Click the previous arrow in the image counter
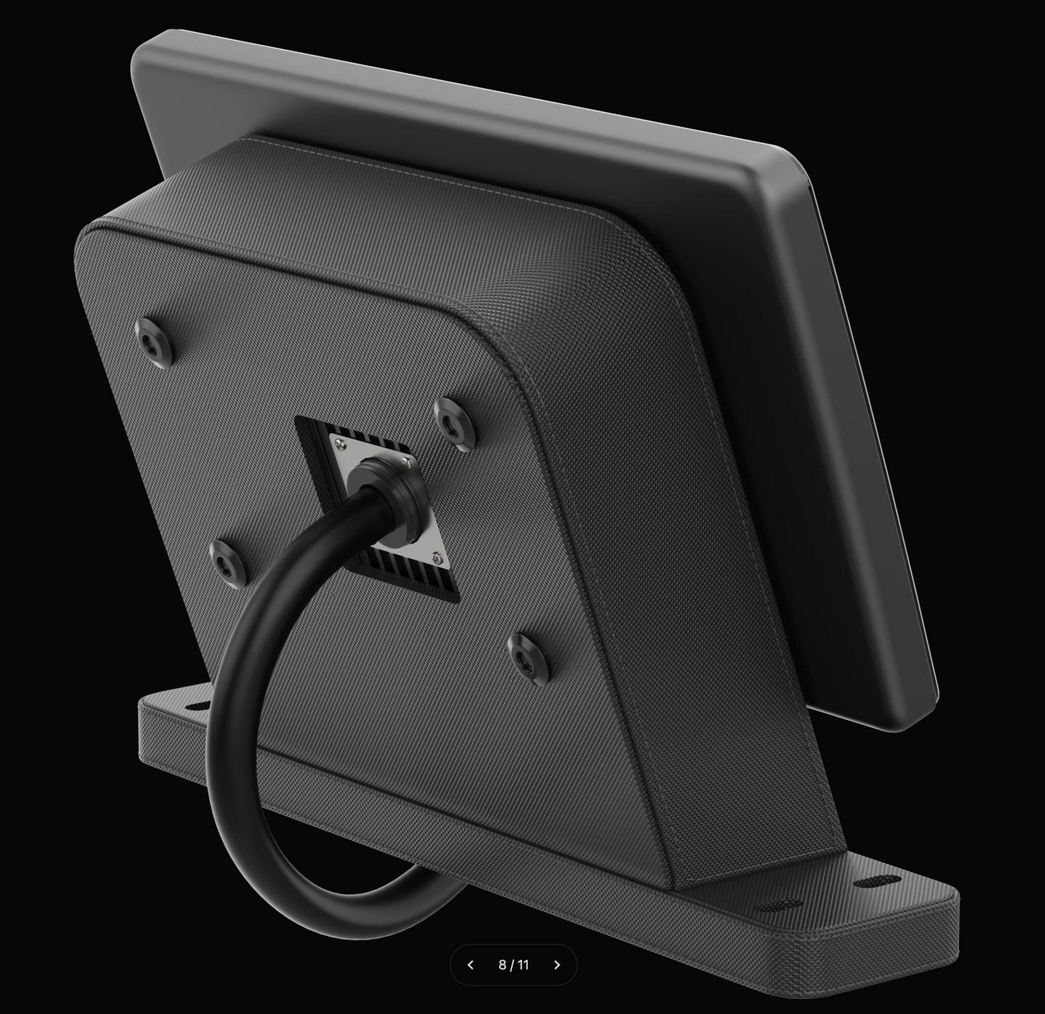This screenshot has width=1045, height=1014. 471,965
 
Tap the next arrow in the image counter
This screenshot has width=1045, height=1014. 557,965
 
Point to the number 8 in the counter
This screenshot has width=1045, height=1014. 503,965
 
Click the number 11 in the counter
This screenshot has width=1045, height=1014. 524,965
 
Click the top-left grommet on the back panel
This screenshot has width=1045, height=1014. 153,337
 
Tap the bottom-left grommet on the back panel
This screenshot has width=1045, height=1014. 228,560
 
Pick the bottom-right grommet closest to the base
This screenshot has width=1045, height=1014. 528,656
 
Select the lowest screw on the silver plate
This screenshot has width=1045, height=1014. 436,557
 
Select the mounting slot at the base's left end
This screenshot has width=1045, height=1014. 196,705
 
